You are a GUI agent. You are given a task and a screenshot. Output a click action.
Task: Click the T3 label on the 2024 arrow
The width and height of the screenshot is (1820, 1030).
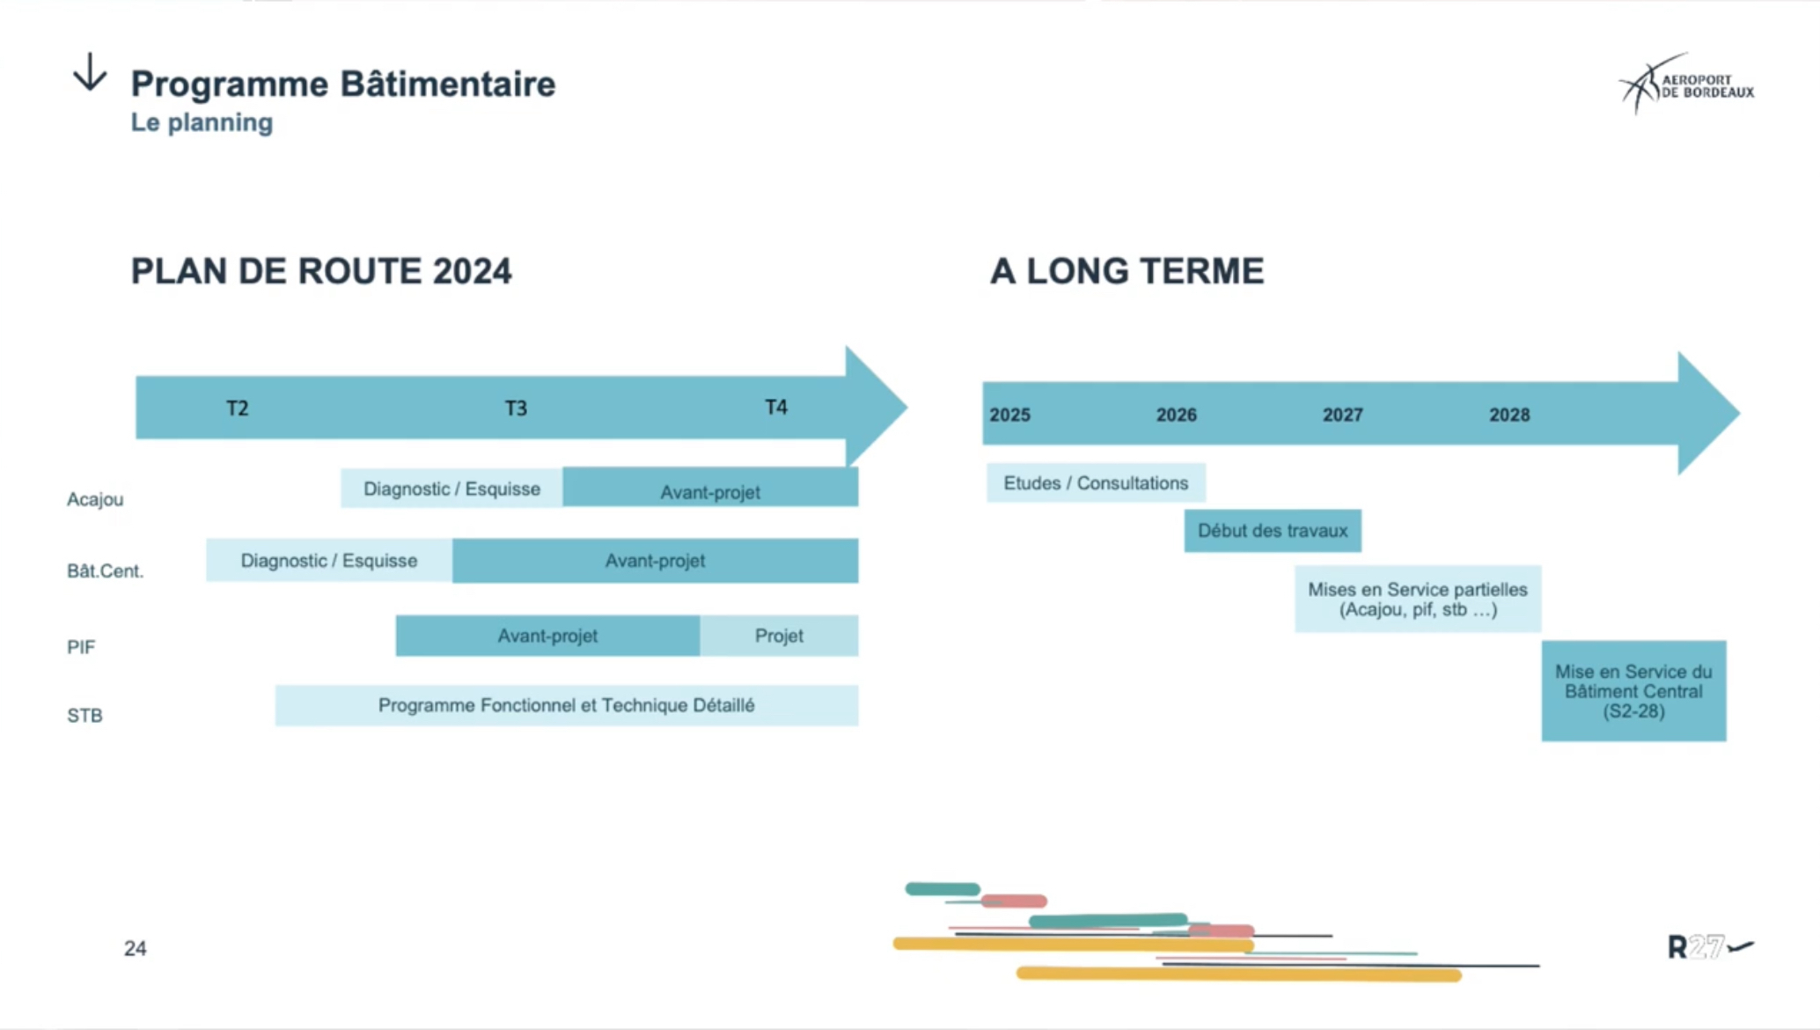pyautogui.click(x=516, y=408)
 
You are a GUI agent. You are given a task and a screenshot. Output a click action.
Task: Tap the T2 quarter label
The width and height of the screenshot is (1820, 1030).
pyautogui.click(x=238, y=408)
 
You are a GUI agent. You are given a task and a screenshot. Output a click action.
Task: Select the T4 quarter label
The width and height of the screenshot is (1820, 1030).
pyautogui.click(x=776, y=408)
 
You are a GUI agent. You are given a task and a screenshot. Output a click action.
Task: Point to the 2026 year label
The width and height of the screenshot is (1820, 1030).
pyautogui.click(x=1176, y=415)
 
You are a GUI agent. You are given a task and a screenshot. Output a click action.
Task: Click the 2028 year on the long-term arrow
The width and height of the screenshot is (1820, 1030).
pyautogui.click(x=1509, y=415)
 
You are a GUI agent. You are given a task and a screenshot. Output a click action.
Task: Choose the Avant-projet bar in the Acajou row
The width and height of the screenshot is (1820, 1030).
pyautogui.click(x=710, y=487)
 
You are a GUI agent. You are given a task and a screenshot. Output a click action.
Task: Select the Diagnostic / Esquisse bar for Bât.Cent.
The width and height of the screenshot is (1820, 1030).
pyautogui.click(x=329, y=561)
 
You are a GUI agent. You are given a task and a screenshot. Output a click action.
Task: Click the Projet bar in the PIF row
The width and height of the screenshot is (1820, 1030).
pyautogui.click(x=779, y=636)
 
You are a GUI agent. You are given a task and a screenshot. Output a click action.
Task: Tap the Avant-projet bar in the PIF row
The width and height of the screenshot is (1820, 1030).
pyautogui.click(x=547, y=636)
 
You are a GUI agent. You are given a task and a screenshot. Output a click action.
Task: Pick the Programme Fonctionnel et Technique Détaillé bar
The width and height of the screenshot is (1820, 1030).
pyautogui.click(x=567, y=705)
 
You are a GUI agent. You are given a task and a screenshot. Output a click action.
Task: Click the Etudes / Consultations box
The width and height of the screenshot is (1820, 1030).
pyautogui.click(x=1096, y=483)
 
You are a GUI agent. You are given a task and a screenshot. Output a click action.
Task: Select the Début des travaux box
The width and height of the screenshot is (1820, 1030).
pyautogui.click(x=1273, y=531)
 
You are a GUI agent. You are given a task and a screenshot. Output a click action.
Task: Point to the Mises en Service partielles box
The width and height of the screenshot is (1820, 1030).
pyautogui.click(x=1418, y=600)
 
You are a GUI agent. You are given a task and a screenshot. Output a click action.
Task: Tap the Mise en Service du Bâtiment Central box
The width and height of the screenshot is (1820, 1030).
pyautogui.click(x=1633, y=691)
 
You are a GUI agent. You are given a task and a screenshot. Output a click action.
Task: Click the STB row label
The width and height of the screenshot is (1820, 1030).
pyautogui.click(x=84, y=716)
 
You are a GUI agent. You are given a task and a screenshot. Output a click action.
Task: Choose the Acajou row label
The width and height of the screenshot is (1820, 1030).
pyautogui.click(x=95, y=499)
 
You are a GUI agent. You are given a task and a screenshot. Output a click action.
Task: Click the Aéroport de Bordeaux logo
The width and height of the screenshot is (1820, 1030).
pyautogui.click(x=1686, y=85)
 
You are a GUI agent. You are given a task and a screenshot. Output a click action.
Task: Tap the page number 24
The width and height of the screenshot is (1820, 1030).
pyautogui.click(x=135, y=948)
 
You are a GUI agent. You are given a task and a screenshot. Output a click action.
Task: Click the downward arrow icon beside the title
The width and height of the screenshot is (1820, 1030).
pyautogui.click(x=90, y=72)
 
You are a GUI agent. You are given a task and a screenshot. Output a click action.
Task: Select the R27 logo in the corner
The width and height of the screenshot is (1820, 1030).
pyautogui.click(x=1710, y=947)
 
